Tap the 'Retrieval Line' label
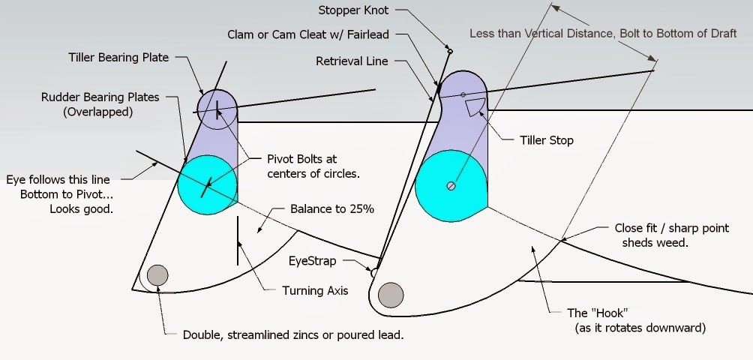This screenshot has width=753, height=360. (352, 61)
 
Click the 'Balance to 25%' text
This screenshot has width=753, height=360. (331, 208)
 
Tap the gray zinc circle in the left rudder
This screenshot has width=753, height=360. (157, 275)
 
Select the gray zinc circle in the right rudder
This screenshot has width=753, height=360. (391, 295)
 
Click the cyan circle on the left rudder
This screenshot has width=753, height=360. (207, 184)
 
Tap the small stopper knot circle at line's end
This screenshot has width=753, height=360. (448, 51)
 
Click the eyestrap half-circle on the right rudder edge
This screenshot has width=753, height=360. (373, 273)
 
